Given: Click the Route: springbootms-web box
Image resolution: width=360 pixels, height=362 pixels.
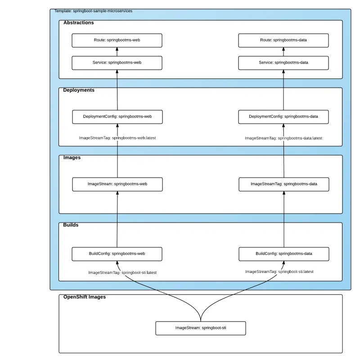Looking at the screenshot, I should pyautogui.click(x=117, y=40).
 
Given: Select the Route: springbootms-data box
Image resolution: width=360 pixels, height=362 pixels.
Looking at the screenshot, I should pyautogui.click(x=283, y=40).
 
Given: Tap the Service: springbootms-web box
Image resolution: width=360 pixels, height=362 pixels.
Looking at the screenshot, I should pyautogui.click(x=117, y=63).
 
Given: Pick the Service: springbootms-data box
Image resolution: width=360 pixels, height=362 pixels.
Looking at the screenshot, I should pyautogui.click(x=283, y=63).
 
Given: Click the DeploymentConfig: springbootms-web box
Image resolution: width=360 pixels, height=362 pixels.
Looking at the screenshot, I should pyautogui.click(x=117, y=116).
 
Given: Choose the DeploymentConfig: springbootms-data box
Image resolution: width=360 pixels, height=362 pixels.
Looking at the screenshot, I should pyautogui.click(x=283, y=116).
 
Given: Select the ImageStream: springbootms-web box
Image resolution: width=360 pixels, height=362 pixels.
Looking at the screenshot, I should pyautogui.click(x=117, y=184).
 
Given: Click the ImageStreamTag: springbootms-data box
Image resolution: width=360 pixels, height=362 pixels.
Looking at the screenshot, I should pyautogui.click(x=283, y=184).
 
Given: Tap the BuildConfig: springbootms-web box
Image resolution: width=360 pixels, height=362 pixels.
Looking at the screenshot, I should pyautogui.click(x=117, y=254).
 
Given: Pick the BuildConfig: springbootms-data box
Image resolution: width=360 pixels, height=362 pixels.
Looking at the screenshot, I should pyautogui.click(x=283, y=254).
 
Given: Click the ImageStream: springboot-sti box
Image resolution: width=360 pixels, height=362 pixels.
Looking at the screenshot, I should pyautogui.click(x=201, y=328).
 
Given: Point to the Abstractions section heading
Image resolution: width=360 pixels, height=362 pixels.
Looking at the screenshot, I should pyautogui.click(x=79, y=22).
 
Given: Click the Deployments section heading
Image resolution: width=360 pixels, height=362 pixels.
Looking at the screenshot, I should pyautogui.click(x=79, y=90).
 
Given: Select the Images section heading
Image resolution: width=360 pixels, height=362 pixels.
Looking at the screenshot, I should pyautogui.click(x=72, y=157).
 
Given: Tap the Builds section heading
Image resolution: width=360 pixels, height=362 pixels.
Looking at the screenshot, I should pyautogui.click(x=71, y=225).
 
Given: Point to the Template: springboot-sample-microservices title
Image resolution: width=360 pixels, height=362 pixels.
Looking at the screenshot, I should pyautogui.click(x=93, y=11).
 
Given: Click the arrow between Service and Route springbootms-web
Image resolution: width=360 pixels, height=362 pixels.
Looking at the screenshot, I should pyautogui.click(x=117, y=51).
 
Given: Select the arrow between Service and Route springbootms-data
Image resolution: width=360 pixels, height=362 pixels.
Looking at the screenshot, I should pyautogui.click(x=283, y=51).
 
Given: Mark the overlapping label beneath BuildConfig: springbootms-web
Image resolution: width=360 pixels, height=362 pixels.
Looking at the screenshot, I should pyautogui.click(x=122, y=273).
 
